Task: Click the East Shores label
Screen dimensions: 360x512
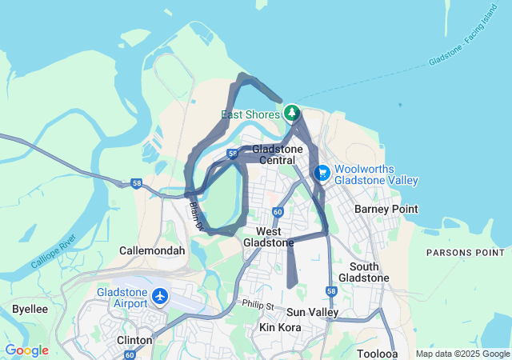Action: coord(250,114)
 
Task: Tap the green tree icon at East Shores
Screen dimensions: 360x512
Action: coord(292,113)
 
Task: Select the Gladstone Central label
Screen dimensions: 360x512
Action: coord(278,155)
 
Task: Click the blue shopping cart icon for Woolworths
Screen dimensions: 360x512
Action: coord(322,173)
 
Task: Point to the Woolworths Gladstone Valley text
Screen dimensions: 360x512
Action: coord(376,174)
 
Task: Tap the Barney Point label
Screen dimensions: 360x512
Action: coord(386,209)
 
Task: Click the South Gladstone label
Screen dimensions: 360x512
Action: coord(364,272)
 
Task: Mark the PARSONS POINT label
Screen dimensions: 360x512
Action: coord(465,252)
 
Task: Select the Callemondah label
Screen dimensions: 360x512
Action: coord(152,250)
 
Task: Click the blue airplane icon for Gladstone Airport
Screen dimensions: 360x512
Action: coord(160,297)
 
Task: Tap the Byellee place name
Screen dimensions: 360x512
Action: coord(30,309)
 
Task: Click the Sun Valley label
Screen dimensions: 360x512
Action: coord(312,312)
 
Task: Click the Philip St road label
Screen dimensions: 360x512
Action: coord(258,306)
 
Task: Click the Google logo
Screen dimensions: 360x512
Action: coord(26,350)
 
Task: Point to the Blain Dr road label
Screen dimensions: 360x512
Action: coord(197,215)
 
